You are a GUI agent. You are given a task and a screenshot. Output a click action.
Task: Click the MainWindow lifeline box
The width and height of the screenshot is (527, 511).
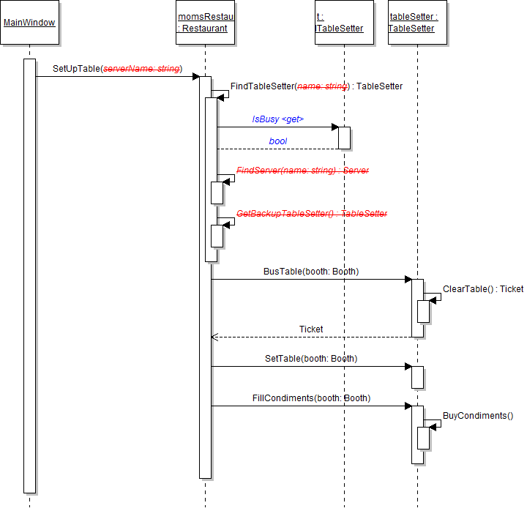coord(29,23)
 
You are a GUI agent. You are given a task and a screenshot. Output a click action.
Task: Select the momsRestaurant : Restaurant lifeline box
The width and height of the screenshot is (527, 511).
coord(206,23)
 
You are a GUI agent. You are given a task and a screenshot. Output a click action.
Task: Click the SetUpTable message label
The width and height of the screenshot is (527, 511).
coord(117,69)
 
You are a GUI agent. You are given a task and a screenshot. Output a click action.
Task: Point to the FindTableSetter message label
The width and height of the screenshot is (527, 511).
coord(316,86)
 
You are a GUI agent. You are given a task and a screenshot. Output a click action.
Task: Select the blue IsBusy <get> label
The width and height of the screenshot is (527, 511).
coord(277,119)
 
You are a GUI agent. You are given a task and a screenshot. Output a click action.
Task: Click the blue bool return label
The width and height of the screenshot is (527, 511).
coord(278,141)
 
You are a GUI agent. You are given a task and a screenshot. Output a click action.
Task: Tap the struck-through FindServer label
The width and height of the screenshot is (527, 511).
coord(302,171)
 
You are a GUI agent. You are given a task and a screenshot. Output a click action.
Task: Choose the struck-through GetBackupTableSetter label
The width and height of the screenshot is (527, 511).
coord(312,214)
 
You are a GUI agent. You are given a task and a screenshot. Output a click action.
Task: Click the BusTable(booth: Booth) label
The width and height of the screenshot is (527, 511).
coord(311,272)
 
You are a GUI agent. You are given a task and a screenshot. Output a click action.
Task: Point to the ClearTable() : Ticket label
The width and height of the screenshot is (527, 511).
coord(483,289)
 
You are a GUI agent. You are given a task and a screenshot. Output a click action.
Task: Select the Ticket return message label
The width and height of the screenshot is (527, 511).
coord(311,329)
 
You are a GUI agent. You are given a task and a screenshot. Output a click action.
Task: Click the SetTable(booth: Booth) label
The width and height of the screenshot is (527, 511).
coord(311,359)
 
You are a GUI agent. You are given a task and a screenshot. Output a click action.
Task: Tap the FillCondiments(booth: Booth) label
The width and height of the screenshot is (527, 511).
coord(311,398)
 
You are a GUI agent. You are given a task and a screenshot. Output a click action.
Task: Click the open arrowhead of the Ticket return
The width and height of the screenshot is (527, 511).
coord(214,337)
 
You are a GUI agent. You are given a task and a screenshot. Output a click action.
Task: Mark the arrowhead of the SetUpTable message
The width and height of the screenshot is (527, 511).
coord(195,76)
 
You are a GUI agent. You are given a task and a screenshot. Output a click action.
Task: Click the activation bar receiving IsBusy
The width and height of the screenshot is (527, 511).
coord(344,138)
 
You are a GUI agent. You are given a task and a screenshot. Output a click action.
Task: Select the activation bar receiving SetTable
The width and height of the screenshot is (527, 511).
coord(417,376)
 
